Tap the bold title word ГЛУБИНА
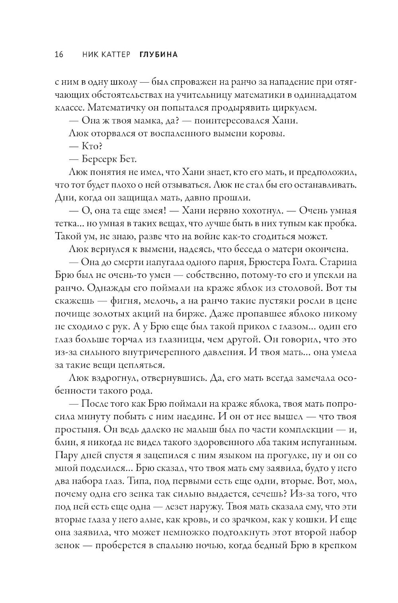point(158,54)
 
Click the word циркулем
point(290,107)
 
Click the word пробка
point(337,223)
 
